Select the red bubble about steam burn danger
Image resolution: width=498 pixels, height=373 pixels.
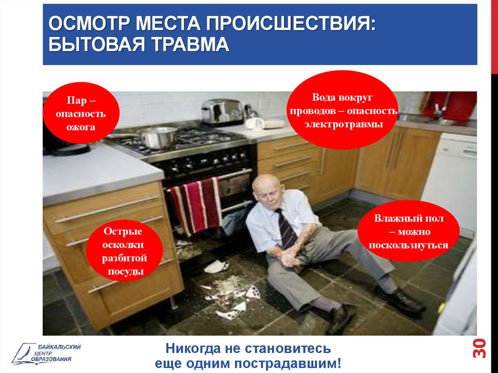pyautogui.click(x=81, y=113)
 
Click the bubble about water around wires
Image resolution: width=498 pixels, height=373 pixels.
pyautogui.click(x=342, y=110)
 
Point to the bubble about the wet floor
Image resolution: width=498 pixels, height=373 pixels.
pyautogui.click(x=409, y=231)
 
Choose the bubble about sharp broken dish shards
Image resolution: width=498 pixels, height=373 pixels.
pyautogui.click(x=124, y=250)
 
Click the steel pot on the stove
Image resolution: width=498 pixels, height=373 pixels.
pyautogui.click(x=158, y=137)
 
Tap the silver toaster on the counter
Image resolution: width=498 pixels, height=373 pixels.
pyautogui.click(x=222, y=111)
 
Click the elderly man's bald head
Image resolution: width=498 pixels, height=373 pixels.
pyautogui.click(x=267, y=184)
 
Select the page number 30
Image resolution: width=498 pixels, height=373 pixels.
pyautogui.click(x=479, y=348)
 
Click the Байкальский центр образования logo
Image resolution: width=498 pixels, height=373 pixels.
pyautogui.click(x=46, y=353)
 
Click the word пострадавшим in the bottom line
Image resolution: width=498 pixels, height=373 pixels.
pyautogui.click(x=287, y=363)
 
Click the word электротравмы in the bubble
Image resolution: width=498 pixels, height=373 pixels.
pyautogui.click(x=344, y=124)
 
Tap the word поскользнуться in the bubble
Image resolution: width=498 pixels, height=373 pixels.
pyautogui.click(x=409, y=245)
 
